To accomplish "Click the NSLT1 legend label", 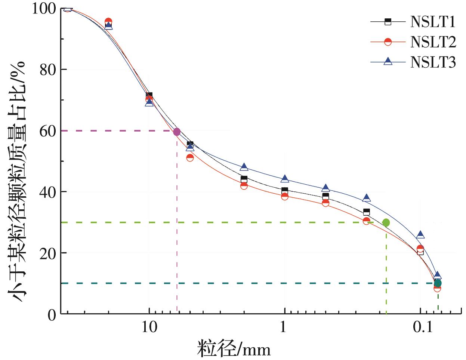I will click(x=433, y=22).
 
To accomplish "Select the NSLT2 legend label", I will click(x=433, y=42).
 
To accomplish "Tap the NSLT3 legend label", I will click(x=433, y=62).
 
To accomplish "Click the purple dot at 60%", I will click(x=177, y=132).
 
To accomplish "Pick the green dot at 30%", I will click(x=386, y=223).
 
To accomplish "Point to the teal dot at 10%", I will click(x=438, y=283).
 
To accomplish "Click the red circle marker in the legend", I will click(x=388, y=42).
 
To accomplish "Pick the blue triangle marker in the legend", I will click(x=388, y=61).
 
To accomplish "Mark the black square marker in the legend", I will click(x=388, y=22).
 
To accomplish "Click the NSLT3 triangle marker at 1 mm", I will click(x=285, y=179).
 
